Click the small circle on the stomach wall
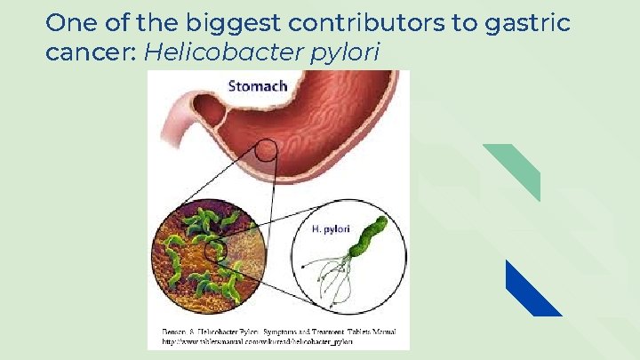pyautogui.click(x=266, y=151)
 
